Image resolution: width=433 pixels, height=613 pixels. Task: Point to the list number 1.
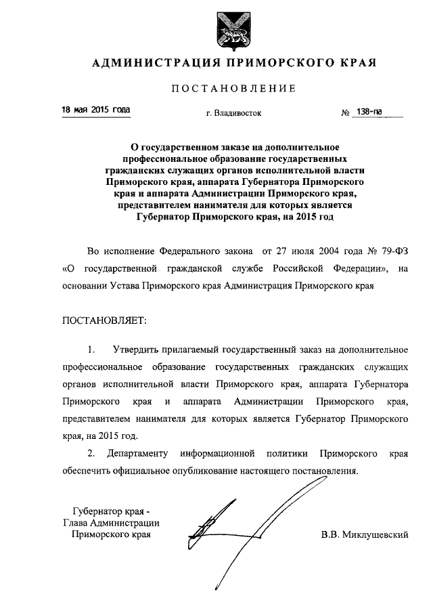(x=91, y=350)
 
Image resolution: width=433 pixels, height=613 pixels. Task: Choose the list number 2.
(x=91, y=452)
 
